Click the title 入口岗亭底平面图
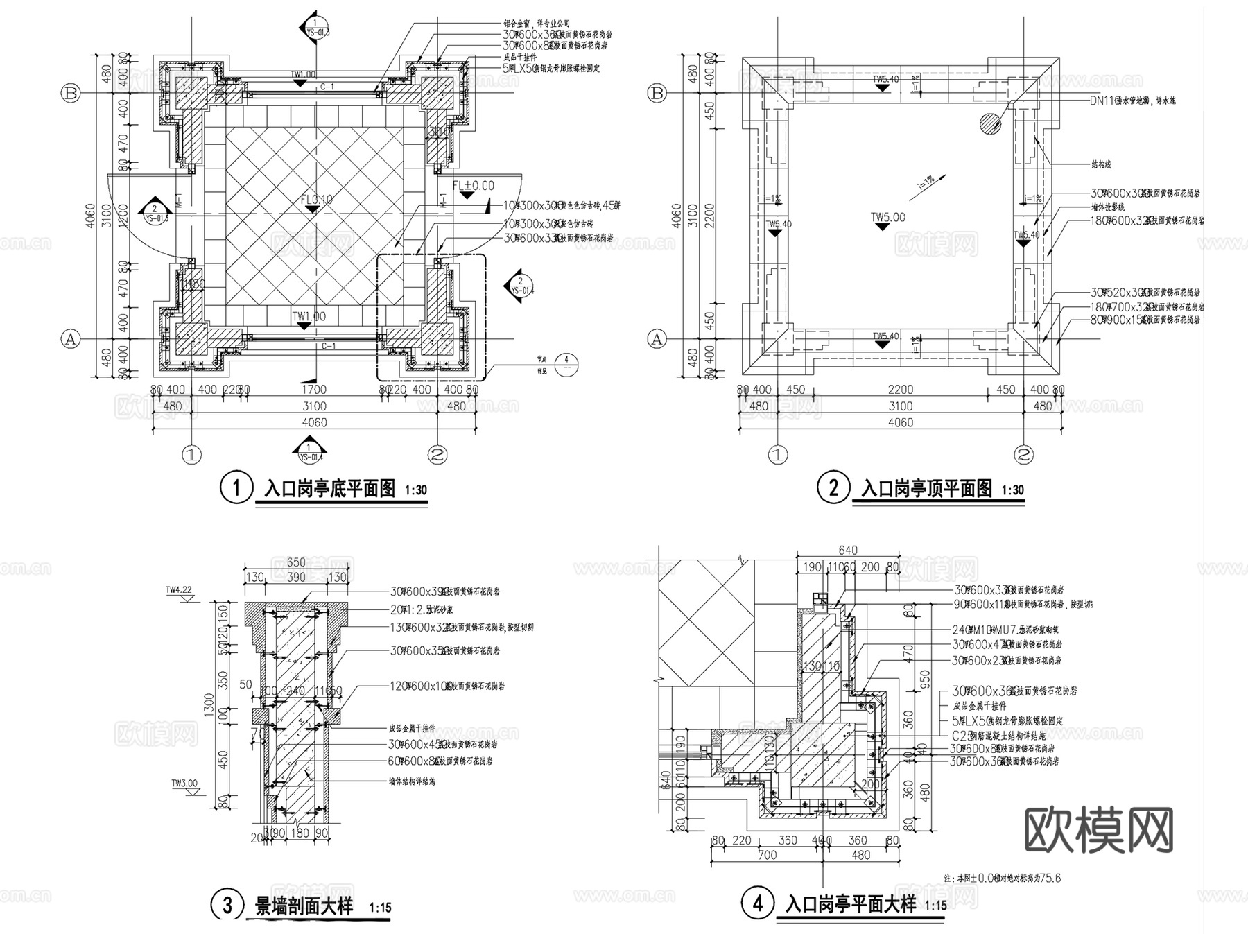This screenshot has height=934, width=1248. [330, 489]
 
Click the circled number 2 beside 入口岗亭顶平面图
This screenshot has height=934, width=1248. [833, 488]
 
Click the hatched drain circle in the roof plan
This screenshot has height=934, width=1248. [990, 123]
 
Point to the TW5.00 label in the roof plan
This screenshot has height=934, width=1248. [888, 218]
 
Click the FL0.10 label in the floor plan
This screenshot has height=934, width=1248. [317, 200]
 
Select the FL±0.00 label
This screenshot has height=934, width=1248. [474, 186]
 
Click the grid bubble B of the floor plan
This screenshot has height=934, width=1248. [71, 94]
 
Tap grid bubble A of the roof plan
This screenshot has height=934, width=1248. [656, 339]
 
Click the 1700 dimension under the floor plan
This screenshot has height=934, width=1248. [313, 390]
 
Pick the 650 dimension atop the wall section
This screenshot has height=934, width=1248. [296, 563]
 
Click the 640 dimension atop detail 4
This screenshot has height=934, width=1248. [847, 551]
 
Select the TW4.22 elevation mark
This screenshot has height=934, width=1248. [179, 590]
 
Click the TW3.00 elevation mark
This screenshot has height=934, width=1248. [184, 784]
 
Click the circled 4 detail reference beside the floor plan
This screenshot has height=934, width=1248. [566, 360]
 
